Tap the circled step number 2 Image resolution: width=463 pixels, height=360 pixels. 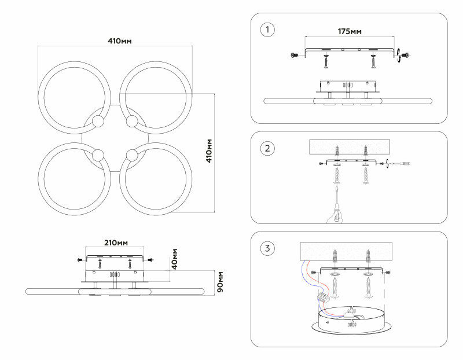tap(267, 149)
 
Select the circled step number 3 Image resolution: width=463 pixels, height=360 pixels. tap(267, 249)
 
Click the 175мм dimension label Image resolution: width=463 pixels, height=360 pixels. tap(349, 32)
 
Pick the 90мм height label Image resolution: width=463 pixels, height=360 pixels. tap(220, 282)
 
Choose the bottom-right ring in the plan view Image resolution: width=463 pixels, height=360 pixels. tap(156, 178)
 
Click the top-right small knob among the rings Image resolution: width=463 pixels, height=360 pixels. tap(132, 122)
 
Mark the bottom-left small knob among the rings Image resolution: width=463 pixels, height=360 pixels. tap(97, 155)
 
